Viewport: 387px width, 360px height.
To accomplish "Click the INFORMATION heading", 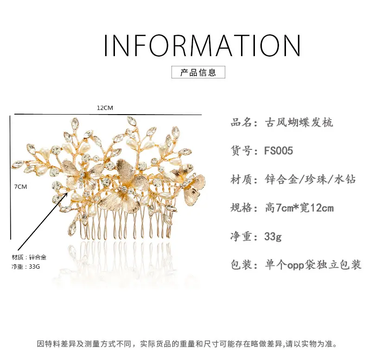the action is pos(202,45).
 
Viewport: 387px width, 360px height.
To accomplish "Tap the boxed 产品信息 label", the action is pos(198,72).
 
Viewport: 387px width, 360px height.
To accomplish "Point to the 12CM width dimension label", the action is pos(105,108).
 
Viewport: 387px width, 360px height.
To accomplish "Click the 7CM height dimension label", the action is pos(20,186).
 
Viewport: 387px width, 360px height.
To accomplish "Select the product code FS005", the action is pos(279,151).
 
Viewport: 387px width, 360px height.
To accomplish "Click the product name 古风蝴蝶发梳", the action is pos(299,122).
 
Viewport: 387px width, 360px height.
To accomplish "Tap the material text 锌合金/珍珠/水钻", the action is pos(310,179).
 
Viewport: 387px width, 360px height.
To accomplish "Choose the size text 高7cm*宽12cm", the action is pos(299,208).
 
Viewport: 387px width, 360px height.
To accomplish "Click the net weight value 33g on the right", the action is pos(273,237).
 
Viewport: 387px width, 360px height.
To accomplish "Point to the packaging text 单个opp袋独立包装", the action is pos(313,264).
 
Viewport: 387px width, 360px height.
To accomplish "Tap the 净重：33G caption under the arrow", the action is pos(25,267).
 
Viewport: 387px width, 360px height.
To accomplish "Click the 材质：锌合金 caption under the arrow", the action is pos(29,257).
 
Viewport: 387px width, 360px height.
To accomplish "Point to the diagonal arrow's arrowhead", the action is pos(65,195).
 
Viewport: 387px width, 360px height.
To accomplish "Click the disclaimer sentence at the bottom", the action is pos(187,344).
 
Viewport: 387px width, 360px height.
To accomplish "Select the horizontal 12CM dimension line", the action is pos(108,115).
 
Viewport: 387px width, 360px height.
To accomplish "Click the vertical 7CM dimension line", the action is pos(10,177).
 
